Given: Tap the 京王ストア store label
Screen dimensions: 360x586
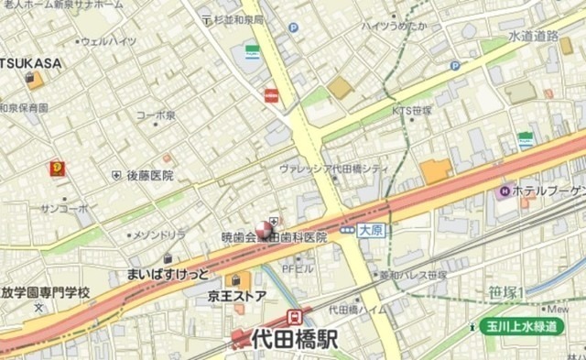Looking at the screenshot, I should [x=237, y=296].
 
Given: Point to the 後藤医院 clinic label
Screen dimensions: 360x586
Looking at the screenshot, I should [x=149, y=174].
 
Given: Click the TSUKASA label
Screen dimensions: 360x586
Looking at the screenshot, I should [x=31, y=62].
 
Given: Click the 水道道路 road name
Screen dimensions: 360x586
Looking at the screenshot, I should [x=533, y=36].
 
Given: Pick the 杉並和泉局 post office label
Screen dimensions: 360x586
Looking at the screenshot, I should [x=239, y=18].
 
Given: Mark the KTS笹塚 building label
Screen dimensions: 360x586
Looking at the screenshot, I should [x=411, y=109].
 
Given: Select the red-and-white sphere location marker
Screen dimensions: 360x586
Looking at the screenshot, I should [x=263, y=229].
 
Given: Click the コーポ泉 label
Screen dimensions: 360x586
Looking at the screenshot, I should [x=156, y=115].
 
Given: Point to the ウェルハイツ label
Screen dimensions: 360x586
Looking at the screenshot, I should [x=109, y=41].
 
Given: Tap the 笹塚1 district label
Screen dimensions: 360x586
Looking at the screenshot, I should [x=506, y=293].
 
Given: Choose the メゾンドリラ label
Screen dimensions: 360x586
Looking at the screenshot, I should [x=135, y=235].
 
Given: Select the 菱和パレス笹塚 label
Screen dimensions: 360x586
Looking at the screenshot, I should [x=413, y=274].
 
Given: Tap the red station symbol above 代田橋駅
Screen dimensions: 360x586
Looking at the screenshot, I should [x=295, y=317].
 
